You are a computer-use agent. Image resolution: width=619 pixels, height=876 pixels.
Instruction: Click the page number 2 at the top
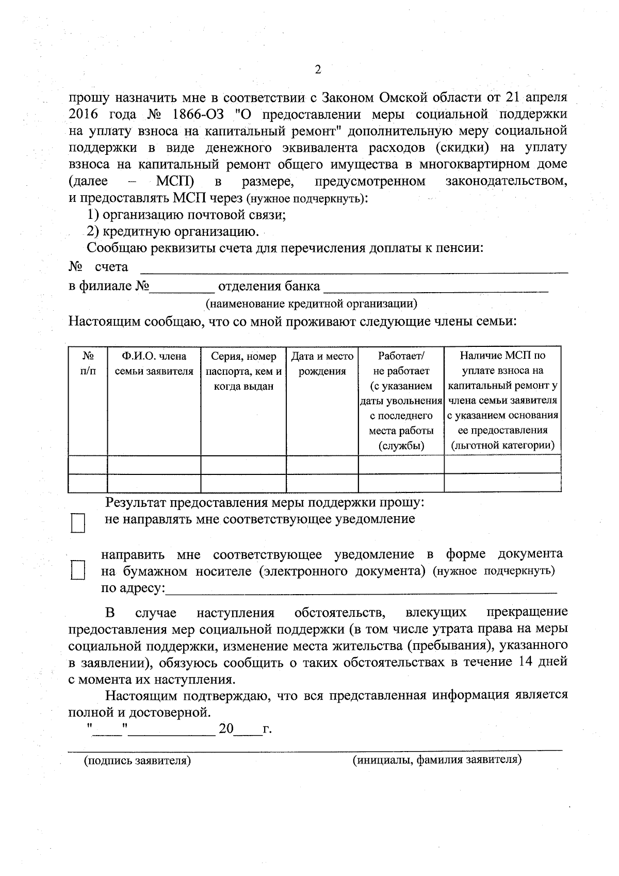317,70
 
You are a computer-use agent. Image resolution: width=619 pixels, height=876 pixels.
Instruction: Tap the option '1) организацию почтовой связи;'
186,215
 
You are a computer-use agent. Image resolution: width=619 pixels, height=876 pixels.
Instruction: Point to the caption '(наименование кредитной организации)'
312,304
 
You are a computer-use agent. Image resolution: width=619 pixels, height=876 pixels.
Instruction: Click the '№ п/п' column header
88,363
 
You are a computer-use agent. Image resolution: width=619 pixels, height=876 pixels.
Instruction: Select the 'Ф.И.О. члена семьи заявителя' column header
154,363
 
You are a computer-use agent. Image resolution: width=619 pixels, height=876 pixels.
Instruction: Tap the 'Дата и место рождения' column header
322,363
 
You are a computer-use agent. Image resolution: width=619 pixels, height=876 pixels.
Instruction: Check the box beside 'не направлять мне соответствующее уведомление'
78,522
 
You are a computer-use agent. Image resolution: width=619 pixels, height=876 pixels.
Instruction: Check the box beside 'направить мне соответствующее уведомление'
78,571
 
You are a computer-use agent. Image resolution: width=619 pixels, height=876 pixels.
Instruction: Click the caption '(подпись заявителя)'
138,760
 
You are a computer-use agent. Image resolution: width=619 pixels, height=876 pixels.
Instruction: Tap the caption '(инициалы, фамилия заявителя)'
437,760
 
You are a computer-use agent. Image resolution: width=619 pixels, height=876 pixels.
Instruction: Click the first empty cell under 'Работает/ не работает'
401,465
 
